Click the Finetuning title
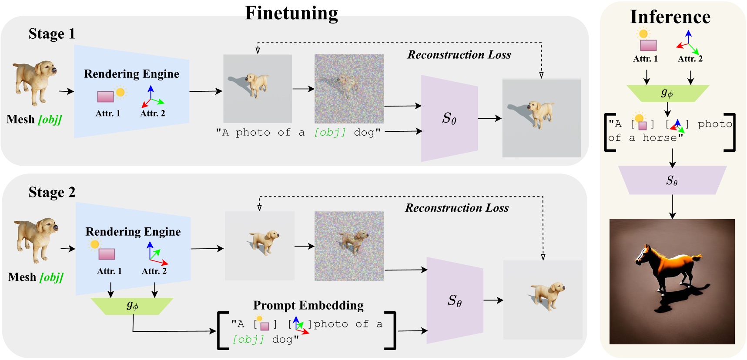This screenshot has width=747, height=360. pos(291,13)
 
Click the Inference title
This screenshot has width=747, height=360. pos(670,17)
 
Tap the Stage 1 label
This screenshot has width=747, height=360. pos(52,33)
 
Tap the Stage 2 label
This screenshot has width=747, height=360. pos(52,192)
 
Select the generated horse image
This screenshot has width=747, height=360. pos(672,282)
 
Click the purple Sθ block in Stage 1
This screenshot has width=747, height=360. pos(449,118)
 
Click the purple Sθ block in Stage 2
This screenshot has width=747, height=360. pos(454,300)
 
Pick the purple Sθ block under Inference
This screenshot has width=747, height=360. pos(672,180)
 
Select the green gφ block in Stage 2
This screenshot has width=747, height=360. pos(132,306)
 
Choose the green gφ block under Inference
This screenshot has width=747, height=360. pos(667,93)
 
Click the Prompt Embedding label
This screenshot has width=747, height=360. pos(308,305)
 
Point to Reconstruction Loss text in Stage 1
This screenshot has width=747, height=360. pos(459,55)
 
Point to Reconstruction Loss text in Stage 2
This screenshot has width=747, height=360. pos(457,208)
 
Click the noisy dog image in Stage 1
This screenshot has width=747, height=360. pos(349,89)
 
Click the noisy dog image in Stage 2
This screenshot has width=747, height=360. pos(349,246)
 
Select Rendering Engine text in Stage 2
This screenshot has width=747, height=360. pos(133,231)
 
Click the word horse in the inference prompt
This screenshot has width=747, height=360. pos(660,138)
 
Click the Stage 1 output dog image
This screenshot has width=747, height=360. pos(541,118)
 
